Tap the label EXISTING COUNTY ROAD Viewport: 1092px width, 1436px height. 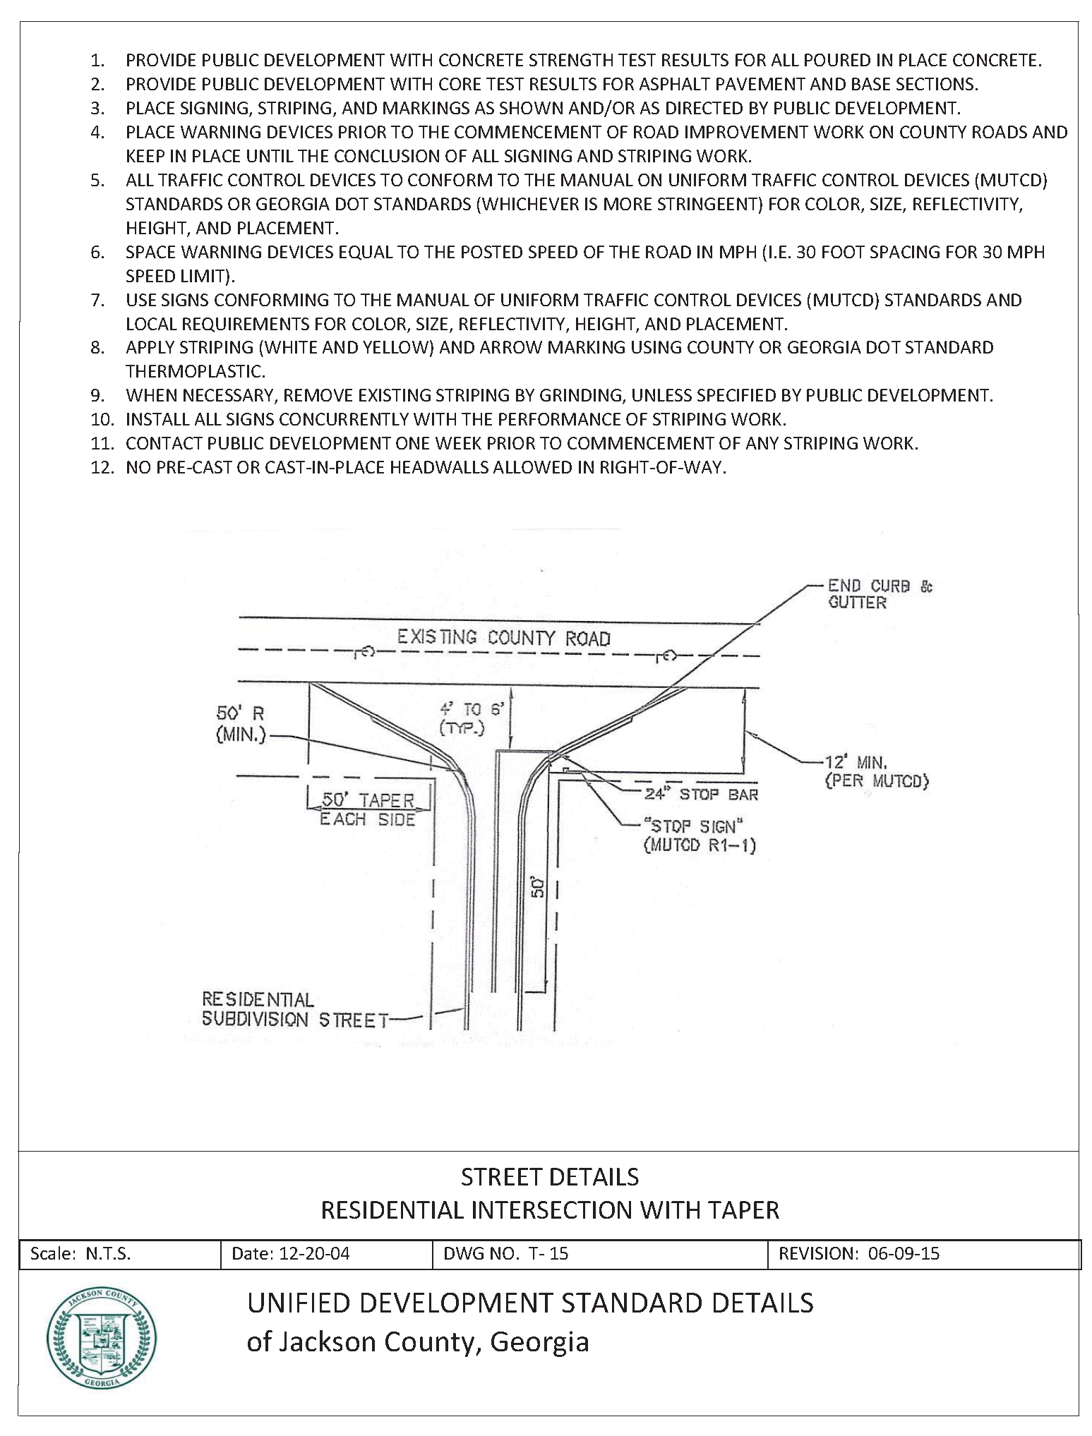click(x=503, y=638)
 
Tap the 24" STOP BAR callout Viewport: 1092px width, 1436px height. click(x=701, y=794)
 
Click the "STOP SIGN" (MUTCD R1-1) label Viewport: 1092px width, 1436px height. click(x=700, y=835)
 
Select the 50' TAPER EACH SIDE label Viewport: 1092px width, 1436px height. click(x=368, y=809)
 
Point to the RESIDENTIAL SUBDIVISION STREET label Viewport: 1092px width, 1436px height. click(x=295, y=1009)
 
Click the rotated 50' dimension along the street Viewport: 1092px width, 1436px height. click(x=539, y=886)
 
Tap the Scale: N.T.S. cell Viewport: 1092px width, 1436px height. click(x=80, y=1253)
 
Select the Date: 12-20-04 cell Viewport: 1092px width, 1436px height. click(x=291, y=1253)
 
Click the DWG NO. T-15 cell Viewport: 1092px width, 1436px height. click(x=505, y=1253)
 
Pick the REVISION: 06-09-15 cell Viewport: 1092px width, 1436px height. click(x=858, y=1253)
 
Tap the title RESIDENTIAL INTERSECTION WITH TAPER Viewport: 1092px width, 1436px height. click(x=550, y=1209)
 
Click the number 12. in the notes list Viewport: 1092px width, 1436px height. click(x=102, y=467)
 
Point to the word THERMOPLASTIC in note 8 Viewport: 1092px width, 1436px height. click(x=196, y=371)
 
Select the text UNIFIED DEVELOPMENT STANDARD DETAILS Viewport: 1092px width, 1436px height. click(x=530, y=1303)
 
